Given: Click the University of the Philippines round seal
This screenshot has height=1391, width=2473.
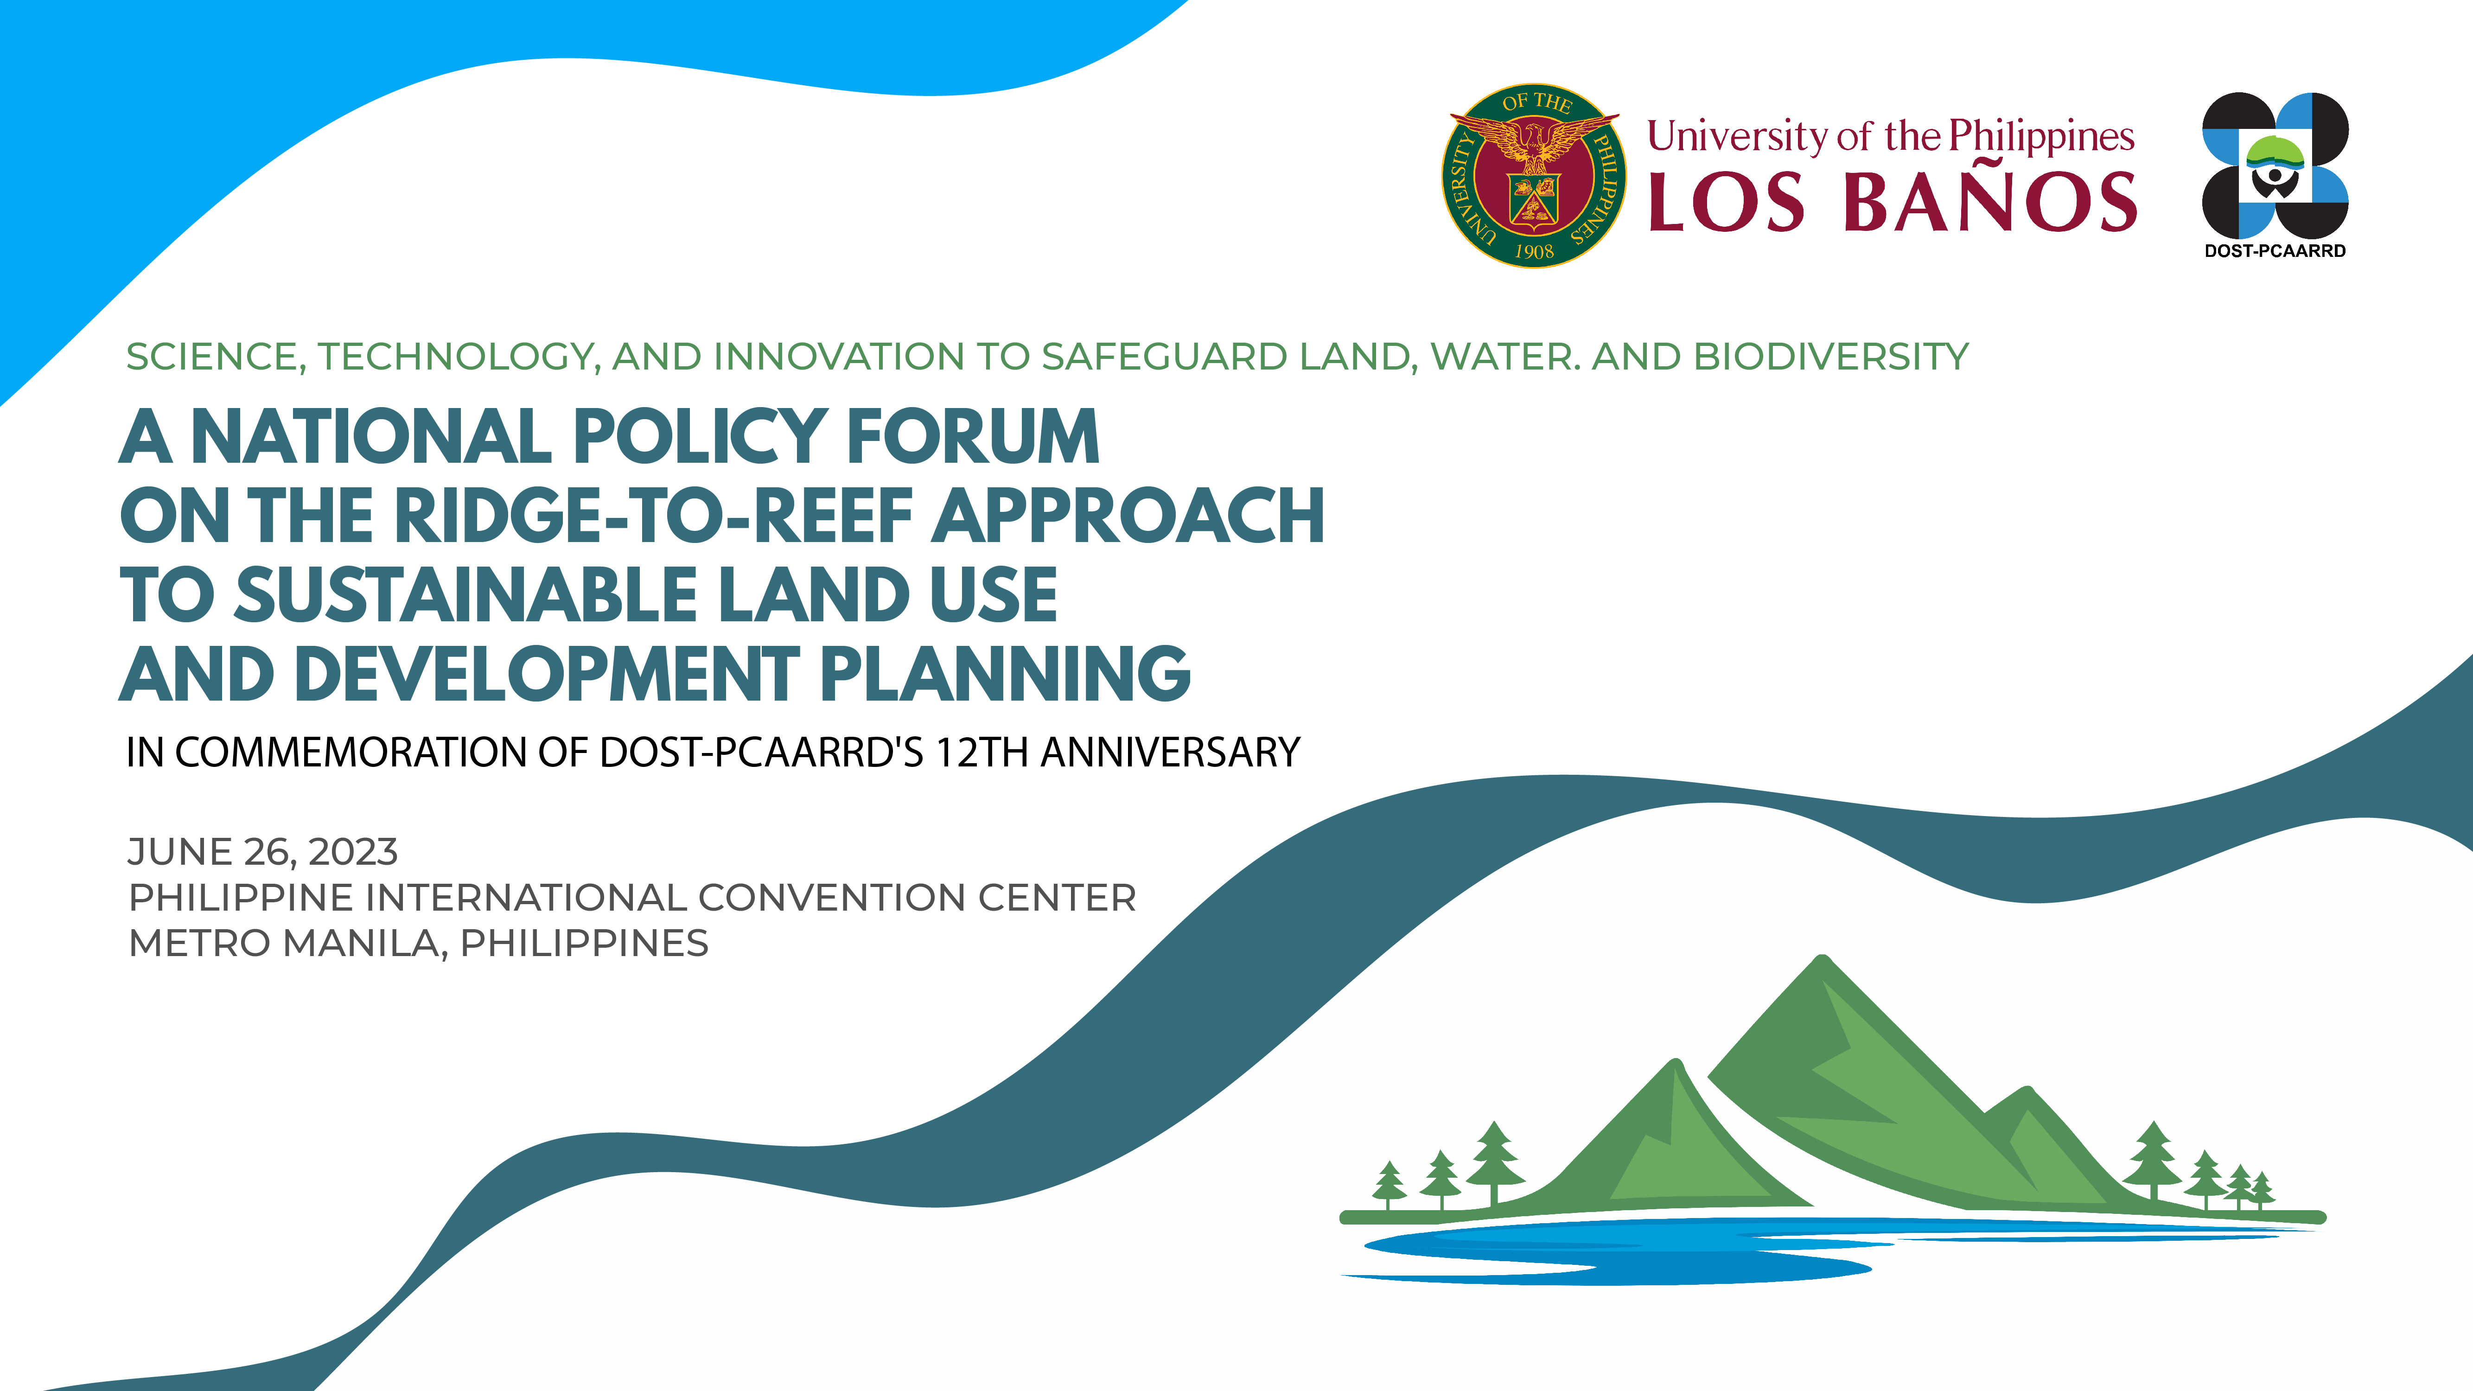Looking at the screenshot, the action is [x=1534, y=176].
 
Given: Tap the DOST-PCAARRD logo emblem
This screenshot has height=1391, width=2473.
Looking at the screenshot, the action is [x=2275, y=165].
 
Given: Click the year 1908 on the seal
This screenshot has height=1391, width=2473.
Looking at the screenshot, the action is [x=1534, y=251].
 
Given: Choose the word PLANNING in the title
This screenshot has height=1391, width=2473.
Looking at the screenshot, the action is [x=1005, y=674].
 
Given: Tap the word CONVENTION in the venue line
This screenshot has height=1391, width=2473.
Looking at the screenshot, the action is [x=831, y=898].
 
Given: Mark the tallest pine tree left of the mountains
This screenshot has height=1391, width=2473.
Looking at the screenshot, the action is [x=1494, y=1163].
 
